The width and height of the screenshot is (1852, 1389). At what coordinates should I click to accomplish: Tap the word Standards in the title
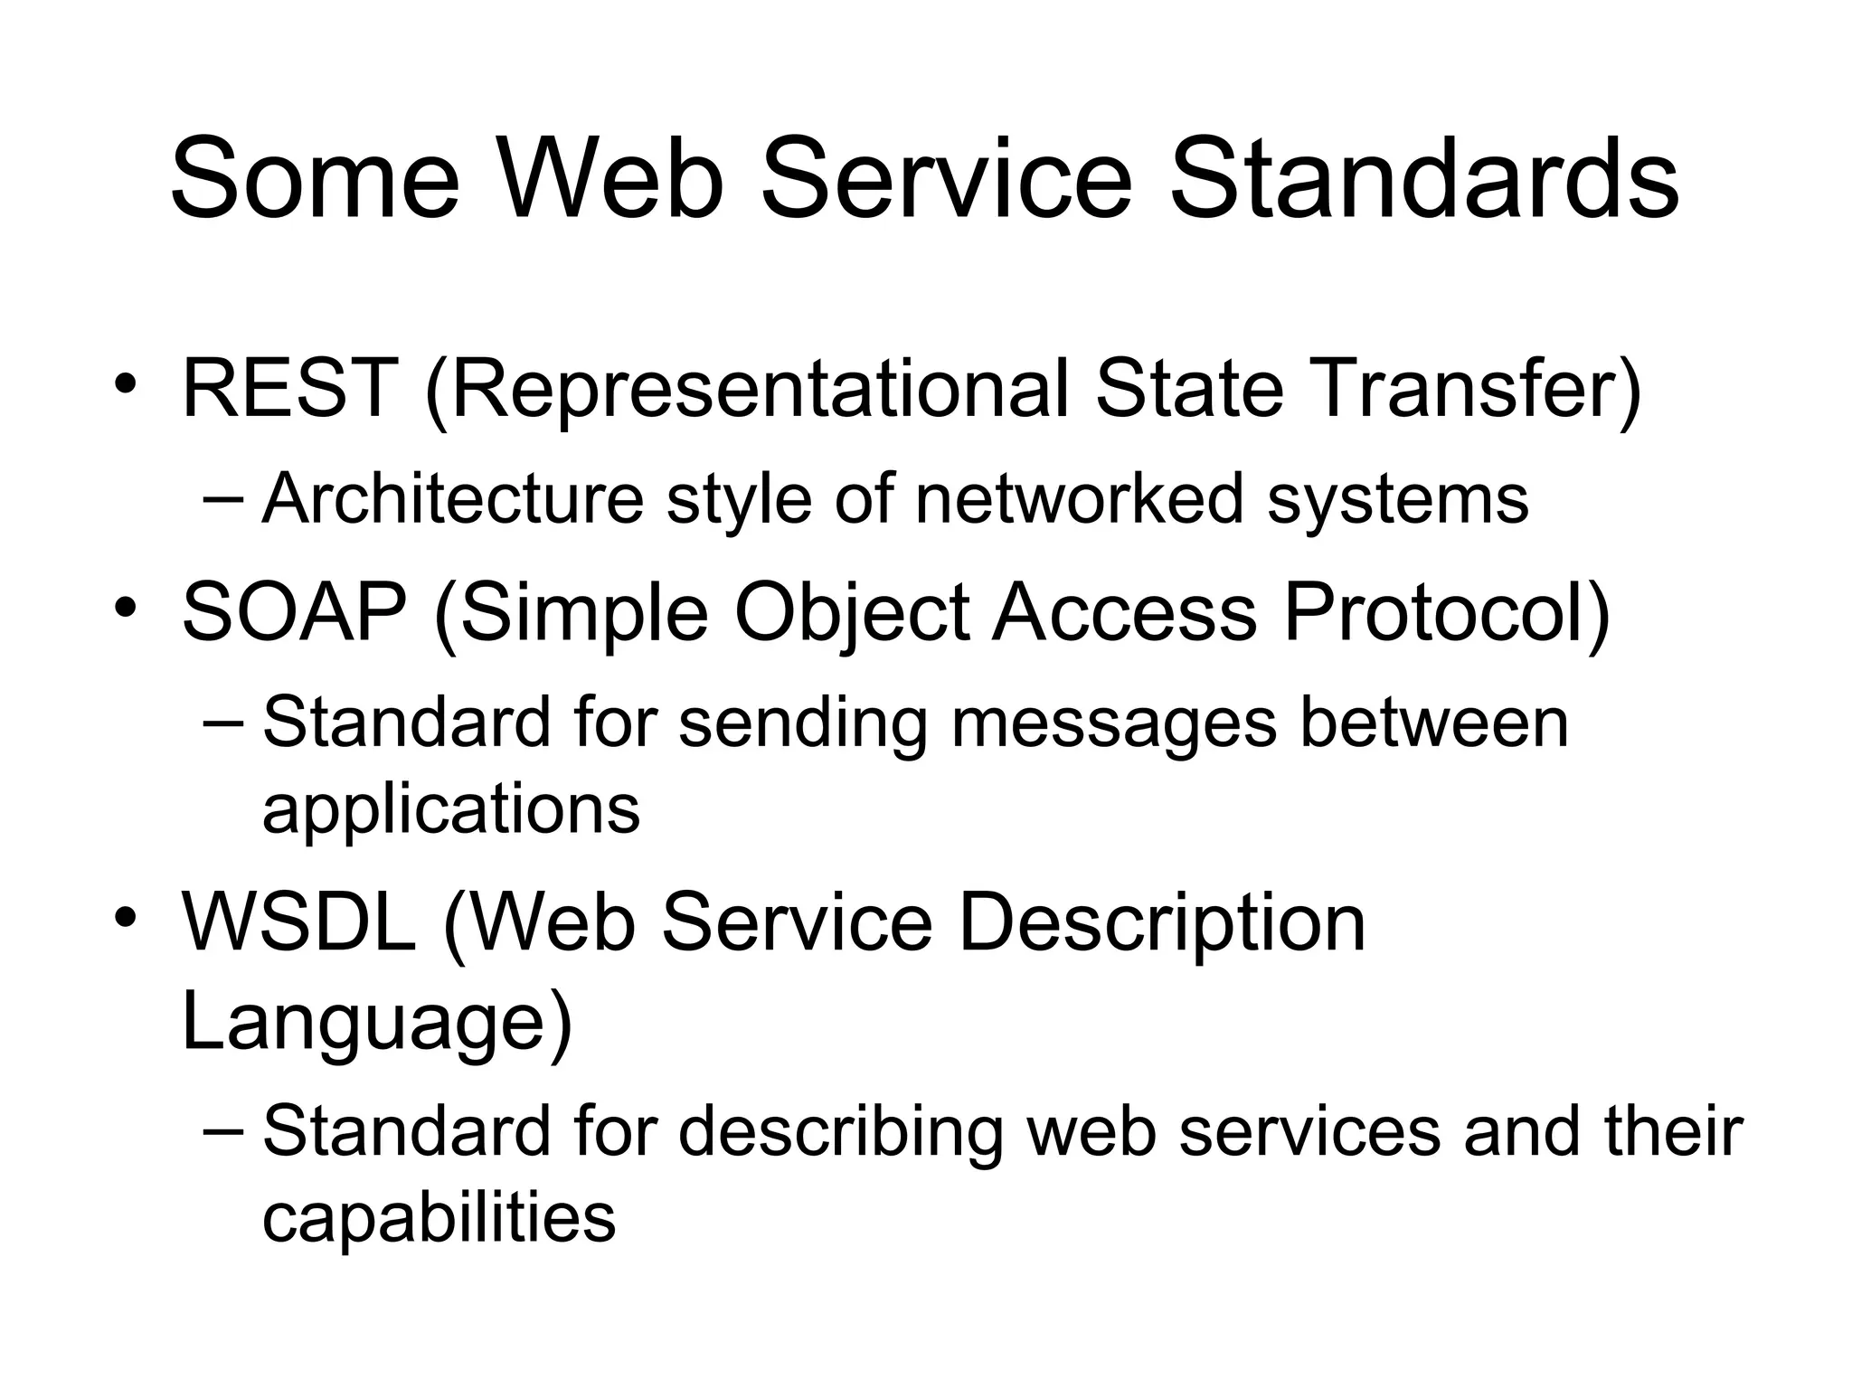click(1423, 178)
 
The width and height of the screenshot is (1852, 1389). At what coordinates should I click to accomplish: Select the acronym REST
click(289, 389)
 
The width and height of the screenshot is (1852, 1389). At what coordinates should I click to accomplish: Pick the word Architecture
click(452, 498)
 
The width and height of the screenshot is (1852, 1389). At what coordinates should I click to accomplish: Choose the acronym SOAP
click(295, 612)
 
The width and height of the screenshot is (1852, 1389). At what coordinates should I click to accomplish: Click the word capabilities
click(439, 1217)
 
